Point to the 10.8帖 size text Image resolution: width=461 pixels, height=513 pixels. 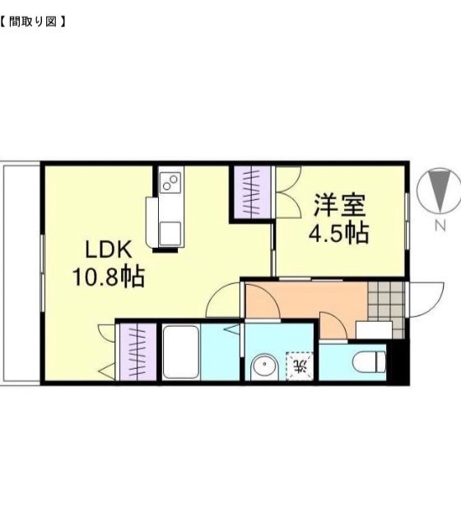click(x=108, y=277)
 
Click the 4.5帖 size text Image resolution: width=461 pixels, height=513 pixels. click(x=338, y=234)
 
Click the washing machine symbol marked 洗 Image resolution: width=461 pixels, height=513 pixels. click(x=299, y=363)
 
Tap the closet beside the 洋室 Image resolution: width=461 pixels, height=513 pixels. click(x=253, y=191)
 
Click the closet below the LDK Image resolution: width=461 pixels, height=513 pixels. click(x=137, y=351)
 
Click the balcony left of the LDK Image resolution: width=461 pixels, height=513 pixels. click(x=21, y=272)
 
